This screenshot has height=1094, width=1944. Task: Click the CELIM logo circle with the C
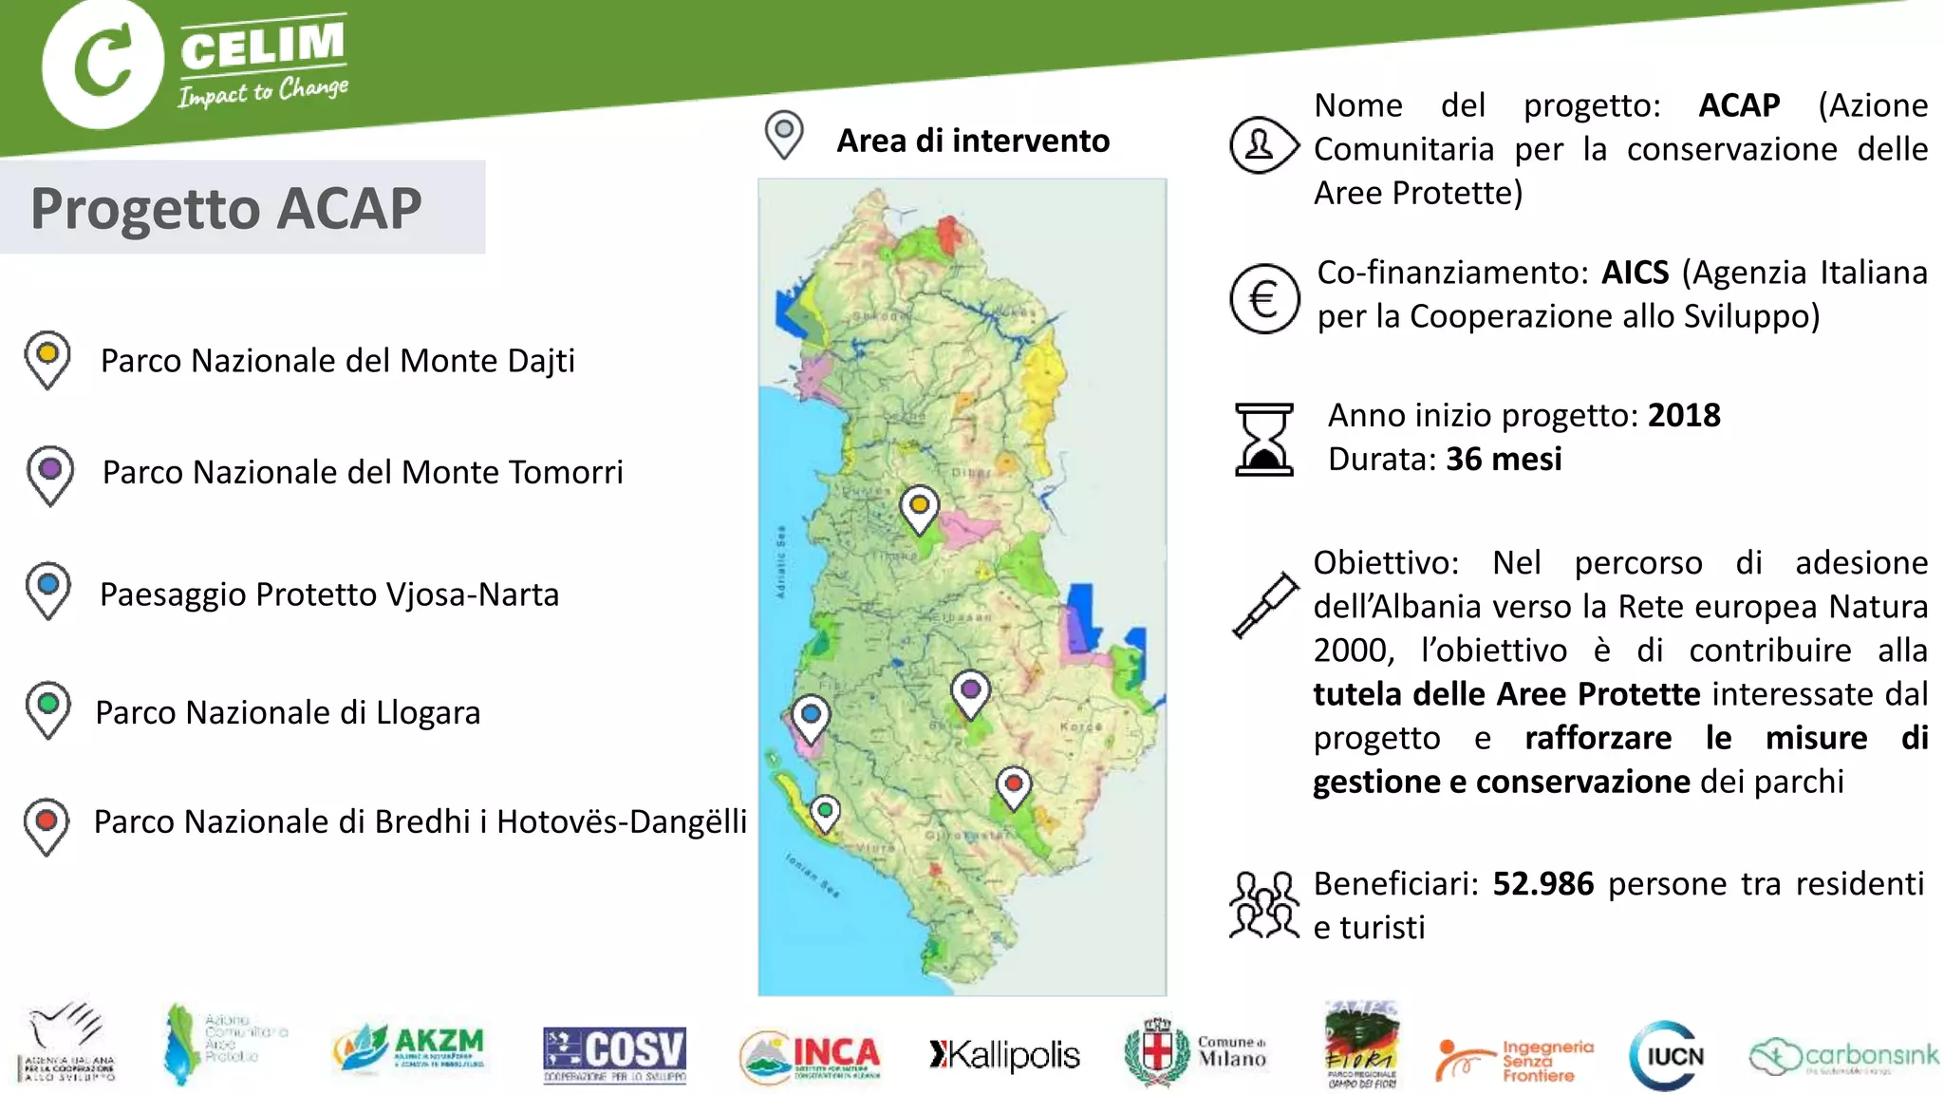pyautogui.click(x=102, y=64)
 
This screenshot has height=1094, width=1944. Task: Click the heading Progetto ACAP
pyautogui.click(x=226, y=208)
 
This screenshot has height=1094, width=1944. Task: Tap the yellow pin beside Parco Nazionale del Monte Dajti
pyautogui.click(x=47, y=358)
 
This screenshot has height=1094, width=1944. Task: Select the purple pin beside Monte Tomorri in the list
pyautogui.click(x=50, y=473)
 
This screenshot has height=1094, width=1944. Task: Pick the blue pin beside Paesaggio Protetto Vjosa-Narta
pyautogui.click(x=48, y=589)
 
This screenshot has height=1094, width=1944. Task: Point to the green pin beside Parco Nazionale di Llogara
pyautogui.click(x=48, y=707)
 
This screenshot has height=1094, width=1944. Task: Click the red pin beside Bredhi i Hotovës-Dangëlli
pyautogui.click(x=47, y=823)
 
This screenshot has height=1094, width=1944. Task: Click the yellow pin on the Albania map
pyautogui.click(x=919, y=508)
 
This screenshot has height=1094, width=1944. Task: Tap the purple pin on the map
pyautogui.click(x=970, y=691)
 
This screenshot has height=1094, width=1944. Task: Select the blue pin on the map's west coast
pyautogui.click(x=811, y=717)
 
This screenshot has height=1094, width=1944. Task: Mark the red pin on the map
pyautogui.click(x=1014, y=787)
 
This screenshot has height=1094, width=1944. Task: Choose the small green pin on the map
pyautogui.click(x=826, y=814)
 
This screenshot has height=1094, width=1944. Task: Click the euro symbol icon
pyautogui.click(x=1263, y=299)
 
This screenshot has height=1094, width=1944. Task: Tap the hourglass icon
pyautogui.click(x=1263, y=439)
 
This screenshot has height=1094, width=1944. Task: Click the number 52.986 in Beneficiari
pyautogui.click(x=1542, y=884)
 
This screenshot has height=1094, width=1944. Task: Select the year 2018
pyautogui.click(x=1684, y=416)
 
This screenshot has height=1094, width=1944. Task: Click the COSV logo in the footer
pyautogui.click(x=614, y=1055)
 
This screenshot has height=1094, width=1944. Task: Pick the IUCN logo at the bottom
pyautogui.click(x=1668, y=1056)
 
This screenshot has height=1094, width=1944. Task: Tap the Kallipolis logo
pyautogui.click(x=1004, y=1055)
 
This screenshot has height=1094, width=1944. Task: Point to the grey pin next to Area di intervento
pyautogui.click(x=784, y=134)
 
